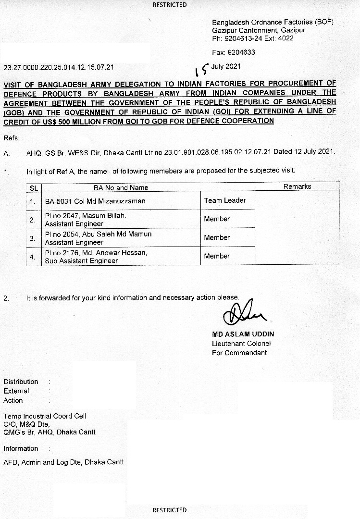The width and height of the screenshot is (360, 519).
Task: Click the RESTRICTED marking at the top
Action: pos(170,5)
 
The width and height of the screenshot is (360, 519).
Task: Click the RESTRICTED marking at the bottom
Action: pos(170,510)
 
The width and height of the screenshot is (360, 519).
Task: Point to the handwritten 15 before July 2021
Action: pos(203,70)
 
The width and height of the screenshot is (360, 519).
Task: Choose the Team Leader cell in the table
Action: pos(225,200)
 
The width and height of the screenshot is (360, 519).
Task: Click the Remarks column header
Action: pos(297,186)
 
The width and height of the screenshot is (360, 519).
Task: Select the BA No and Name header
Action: pos(121,187)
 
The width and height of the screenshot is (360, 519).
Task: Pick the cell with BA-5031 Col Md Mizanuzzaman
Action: pos(95,201)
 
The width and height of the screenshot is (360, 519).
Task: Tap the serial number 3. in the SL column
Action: pos(33,238)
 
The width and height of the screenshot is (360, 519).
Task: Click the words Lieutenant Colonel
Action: pos(241,344)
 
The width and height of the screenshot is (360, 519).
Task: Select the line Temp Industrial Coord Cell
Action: pos(45,416)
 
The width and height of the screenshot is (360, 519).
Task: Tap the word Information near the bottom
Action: pos(21,448)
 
